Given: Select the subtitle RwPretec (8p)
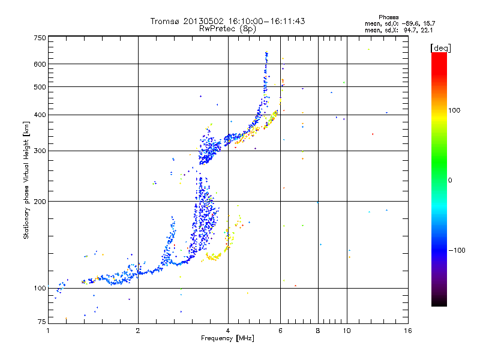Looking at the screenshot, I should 227,28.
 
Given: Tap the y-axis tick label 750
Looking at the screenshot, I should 40,38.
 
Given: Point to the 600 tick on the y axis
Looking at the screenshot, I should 40,64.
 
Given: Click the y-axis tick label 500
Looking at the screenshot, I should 40,86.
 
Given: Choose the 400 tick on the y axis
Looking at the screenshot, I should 40,115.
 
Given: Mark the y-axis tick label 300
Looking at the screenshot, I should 40,151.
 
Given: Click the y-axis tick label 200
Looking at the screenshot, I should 40,201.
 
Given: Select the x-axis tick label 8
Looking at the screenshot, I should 318,331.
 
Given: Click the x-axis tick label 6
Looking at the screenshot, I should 280,331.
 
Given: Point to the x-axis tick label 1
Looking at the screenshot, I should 48,331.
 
